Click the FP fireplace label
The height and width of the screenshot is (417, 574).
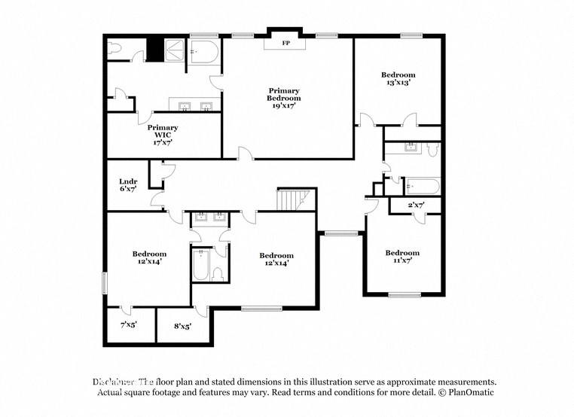click(285, 44)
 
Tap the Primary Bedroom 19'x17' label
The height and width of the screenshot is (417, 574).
click(284, 99)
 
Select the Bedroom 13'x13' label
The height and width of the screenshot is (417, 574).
click(398, 78)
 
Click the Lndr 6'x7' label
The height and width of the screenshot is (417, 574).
click(127, 185)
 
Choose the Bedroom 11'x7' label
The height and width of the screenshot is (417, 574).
click(401, 257)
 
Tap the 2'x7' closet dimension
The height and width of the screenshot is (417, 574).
click(417, 205)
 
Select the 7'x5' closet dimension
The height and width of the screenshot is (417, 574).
click(130, 326)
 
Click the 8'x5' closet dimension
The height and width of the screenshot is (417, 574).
click(182, 326)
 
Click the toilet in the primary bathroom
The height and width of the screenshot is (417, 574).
click(115, 50)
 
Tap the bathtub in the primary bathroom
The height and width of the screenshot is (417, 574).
click(203, 53)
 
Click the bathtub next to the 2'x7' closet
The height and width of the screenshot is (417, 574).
click(421, 185)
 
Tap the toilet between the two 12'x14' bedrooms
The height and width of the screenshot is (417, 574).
click(218, 272)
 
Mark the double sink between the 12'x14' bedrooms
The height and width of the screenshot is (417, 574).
click(210, 219)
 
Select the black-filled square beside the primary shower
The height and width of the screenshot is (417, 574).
click(155, 50)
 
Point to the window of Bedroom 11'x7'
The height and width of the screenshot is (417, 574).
click(405, 294)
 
